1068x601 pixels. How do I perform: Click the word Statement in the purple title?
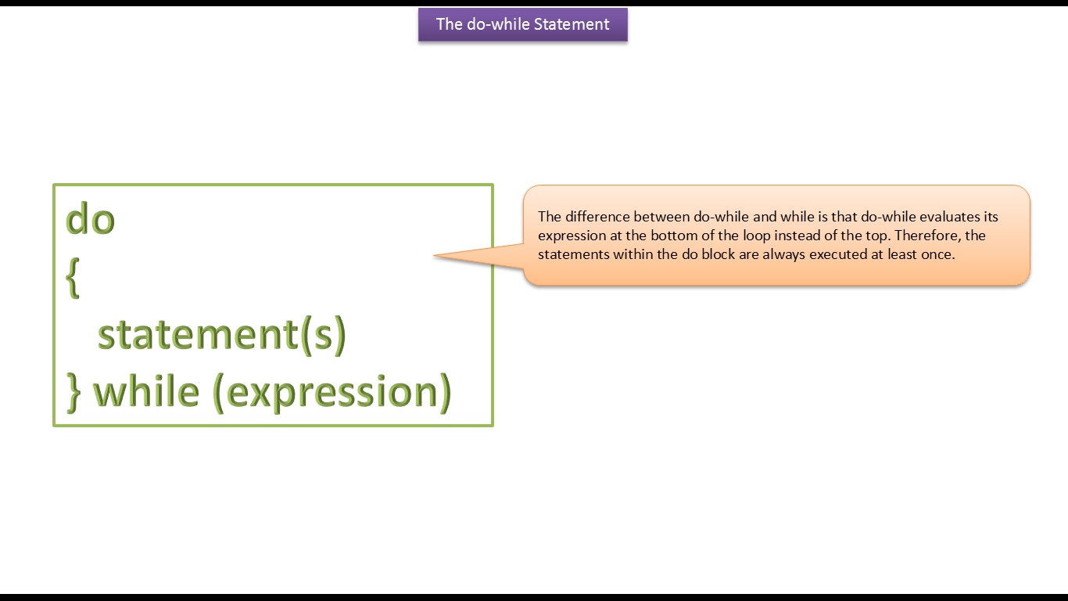coord(572,24)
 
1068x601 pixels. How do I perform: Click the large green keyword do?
coord(90,219)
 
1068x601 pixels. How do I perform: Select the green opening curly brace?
coord(73,278)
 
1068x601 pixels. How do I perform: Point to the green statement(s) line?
coord(222,334)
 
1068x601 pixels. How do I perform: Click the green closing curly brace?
coord(74,392)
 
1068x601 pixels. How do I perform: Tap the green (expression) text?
coord(332,392)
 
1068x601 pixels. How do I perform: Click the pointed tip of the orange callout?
coord(433,255)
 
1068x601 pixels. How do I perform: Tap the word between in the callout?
coord(661,217)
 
